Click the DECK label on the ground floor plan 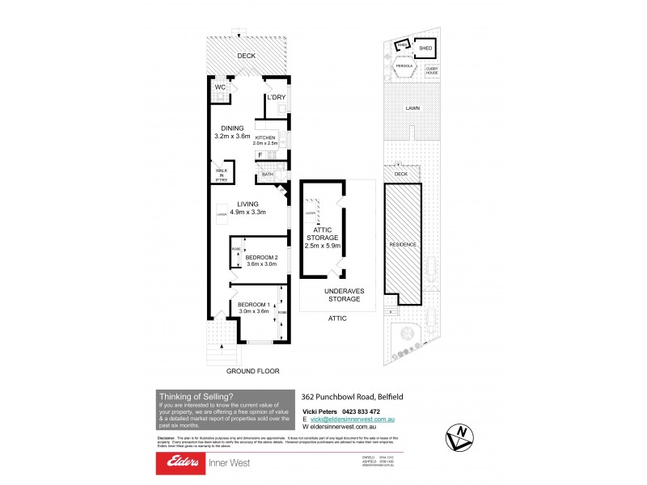(246, 56)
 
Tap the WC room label (219, 88)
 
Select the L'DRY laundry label (277, 98)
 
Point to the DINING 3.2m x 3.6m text (232, 133)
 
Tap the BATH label (267, 175)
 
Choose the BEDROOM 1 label (253, 307)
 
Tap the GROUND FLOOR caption (253, 371)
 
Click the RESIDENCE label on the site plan (403, 243)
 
